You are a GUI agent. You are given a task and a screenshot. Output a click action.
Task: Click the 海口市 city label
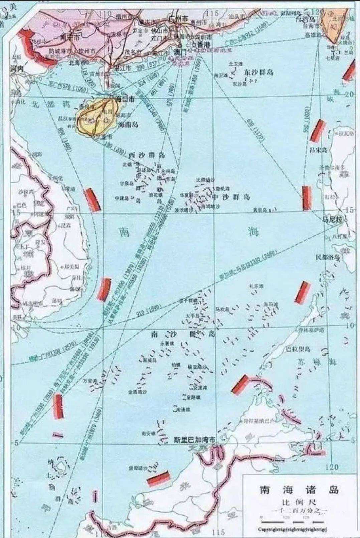125,99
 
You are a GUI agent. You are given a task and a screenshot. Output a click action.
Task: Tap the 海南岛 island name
128,125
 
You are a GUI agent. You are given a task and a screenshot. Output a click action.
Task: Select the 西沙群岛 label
147,155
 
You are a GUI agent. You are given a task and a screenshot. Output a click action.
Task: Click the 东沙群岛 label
259,72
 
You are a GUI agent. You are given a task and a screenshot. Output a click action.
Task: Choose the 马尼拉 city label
332,220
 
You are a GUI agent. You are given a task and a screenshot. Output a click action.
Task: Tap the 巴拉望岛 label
298,349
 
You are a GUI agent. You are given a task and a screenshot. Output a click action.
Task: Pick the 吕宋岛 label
318,150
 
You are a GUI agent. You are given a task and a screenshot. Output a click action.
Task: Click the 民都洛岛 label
328,257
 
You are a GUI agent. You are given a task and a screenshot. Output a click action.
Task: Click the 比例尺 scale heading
299,502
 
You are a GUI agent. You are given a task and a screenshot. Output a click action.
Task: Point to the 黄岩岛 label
261,210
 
